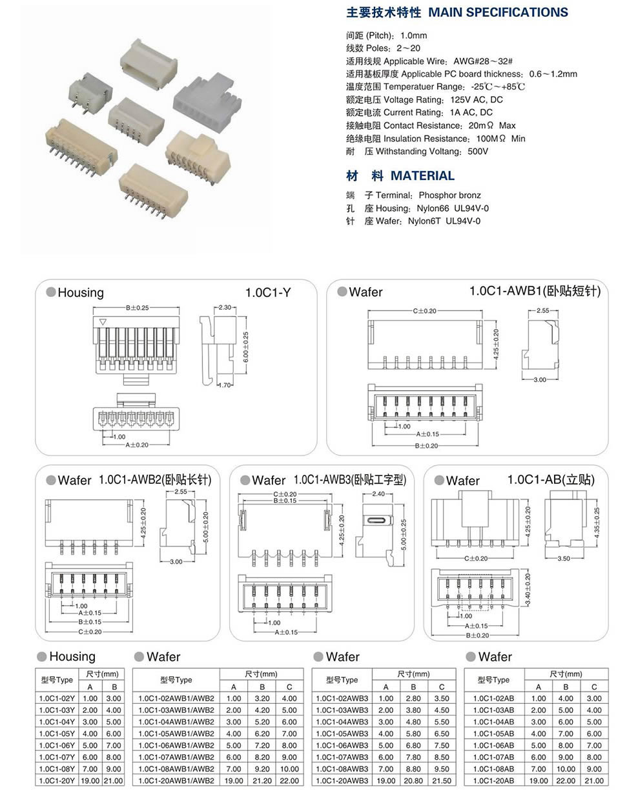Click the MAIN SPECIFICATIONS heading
pyautogui.click(x=498, y=12)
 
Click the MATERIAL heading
pyautogui.click(x=422, y=175)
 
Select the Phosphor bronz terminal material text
pyautogui.click(x=449, y=195)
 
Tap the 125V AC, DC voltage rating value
pyautogui.click(x=477, y=99)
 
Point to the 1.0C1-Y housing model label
pyautogui.click(x=267, y=292)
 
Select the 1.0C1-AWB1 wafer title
pyautogui.click(x=535, y=291)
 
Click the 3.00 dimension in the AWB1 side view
pyautogui.click(x=539, y=380)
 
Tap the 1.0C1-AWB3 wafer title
pyautogui.click(x=349, y=480)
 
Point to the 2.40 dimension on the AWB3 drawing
pyautogui.click(x=378, y=494)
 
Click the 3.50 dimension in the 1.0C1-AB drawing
pyautogui.click(x=563, y=559)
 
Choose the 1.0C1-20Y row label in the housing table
pyautogui.click(x=57, y=781)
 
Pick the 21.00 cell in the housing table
pyautogui.click(x=114, y=781)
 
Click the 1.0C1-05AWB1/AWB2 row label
pyautogui.click(x=176, y=734)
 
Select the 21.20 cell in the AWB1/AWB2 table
pyautogui.click(x=262, y=781)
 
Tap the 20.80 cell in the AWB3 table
pyautogui.click(x=413, y=781)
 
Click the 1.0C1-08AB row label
pyautogui.click(x=493, y=769)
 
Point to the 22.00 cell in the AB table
pyautogui.click(x=566, y=781)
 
